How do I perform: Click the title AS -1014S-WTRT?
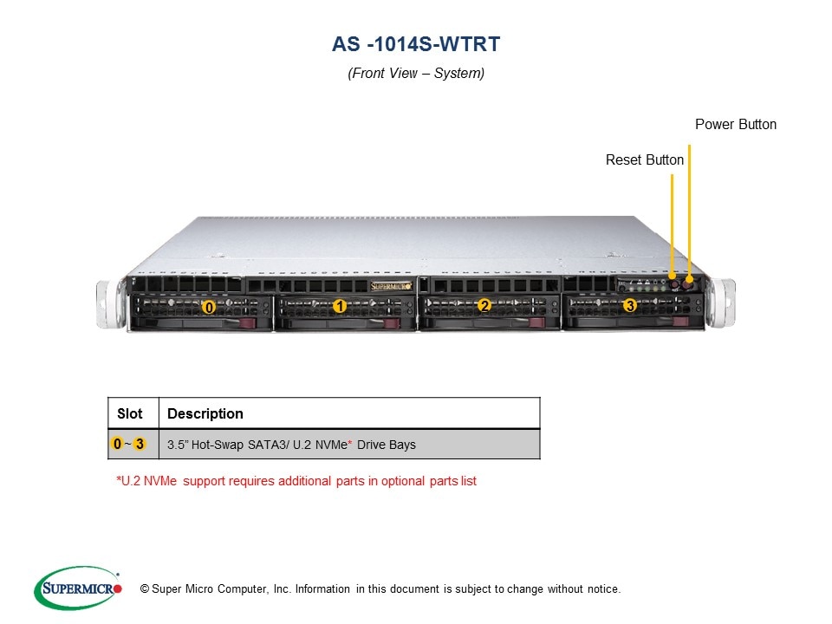coord(416,43)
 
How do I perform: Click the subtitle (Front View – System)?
coord(416,74)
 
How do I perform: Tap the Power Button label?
coord(736,125)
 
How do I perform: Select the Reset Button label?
coord(645,160)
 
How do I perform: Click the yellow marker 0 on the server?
coord(208,307)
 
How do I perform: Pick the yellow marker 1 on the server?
coord(340,306)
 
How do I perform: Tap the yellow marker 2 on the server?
coord(484,305)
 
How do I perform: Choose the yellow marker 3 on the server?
coord(629,305)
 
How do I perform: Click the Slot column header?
coord(130,413)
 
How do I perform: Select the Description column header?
coord(205,413)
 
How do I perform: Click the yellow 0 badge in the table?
coord(117,445)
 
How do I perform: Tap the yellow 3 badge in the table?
coord(139,445)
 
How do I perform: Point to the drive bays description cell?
coord(291,445)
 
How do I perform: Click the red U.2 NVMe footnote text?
coord(296,481)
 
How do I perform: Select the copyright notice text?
coord(374,589)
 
